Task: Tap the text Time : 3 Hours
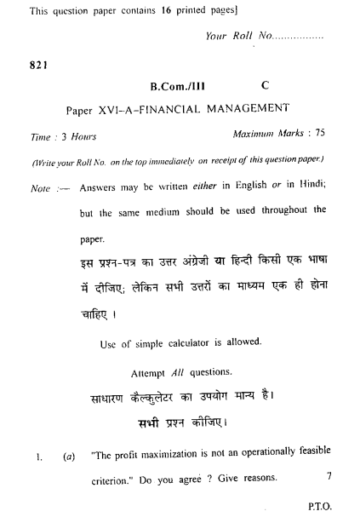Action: click(63, 135)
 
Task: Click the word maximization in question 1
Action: click(170, 451)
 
